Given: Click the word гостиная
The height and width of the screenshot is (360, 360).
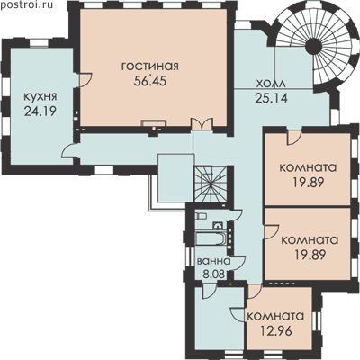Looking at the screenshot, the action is coord(150,67).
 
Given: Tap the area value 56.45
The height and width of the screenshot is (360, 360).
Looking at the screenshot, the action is coord(150,81).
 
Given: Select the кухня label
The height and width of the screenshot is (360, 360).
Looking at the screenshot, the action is coord(40,97).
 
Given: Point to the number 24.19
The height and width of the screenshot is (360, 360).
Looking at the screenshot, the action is coord(40,112).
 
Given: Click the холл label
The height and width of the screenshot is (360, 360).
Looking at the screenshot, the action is coord(271,84).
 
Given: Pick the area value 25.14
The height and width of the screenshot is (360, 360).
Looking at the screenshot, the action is coord(271,98).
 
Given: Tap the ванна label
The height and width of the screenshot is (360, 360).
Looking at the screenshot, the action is coord(213,261).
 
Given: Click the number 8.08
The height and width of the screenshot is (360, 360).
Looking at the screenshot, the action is coord(214,274).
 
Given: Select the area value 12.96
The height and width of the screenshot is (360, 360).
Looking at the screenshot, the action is coord(276,331).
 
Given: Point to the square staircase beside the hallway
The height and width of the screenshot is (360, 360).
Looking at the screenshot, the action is coord(211,184).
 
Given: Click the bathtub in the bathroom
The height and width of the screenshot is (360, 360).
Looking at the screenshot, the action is coord(210,239).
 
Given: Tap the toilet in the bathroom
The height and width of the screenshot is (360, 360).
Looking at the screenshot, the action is coord(201,216).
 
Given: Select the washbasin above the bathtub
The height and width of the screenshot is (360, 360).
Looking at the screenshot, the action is coord(218,226).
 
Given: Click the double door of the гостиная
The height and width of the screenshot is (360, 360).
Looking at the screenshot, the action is coord(202,124).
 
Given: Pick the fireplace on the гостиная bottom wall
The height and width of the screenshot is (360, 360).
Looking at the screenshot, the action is coord(154,124).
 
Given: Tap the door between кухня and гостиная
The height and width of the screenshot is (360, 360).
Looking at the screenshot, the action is coord(85,80).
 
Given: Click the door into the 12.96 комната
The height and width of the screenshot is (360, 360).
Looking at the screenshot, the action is coord(255,292).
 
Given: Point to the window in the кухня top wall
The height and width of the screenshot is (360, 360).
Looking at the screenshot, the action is coord(39,42).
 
